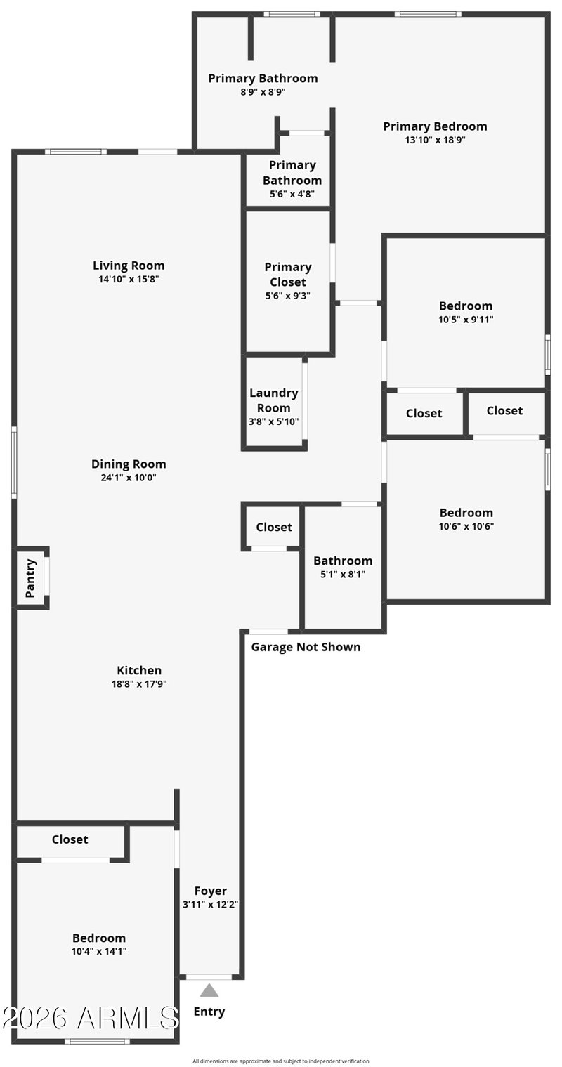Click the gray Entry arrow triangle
209,990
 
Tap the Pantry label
30,578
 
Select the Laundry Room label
274,400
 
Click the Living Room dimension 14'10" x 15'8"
129,279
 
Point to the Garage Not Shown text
306,647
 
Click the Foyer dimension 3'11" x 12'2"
211,904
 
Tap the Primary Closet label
288,275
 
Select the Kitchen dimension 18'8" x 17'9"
139,684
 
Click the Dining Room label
129,464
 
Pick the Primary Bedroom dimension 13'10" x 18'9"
436,140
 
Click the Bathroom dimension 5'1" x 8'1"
343,575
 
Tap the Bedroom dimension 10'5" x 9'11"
466,320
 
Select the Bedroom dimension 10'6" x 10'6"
466,526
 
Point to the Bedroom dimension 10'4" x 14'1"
99,952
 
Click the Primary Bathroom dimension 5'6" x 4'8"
292,195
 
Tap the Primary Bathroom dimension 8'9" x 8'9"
263,92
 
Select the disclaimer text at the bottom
281,1061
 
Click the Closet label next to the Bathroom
274,527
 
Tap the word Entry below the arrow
209,1012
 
